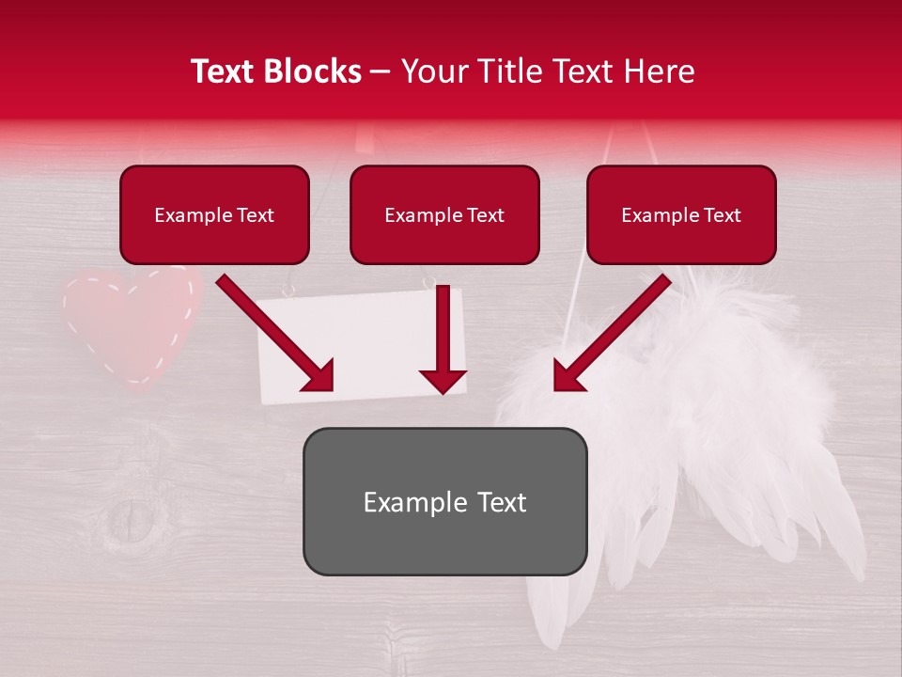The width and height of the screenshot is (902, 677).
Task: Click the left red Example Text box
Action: coord(214,215)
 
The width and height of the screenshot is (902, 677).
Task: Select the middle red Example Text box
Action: coord(444,215)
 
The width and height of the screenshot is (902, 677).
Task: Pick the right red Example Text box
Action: coord(681,215)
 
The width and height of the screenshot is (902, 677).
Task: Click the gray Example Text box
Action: coord(444,501)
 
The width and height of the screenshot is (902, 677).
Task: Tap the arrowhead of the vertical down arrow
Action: coord(443,381)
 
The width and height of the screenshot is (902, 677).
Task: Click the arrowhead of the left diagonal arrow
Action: coord(319,377)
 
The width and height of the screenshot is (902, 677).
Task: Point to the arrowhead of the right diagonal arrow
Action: coord(568,377)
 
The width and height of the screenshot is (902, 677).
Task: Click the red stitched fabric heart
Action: coord(132,324)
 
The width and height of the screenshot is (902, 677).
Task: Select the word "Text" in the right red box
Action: coord(722,215)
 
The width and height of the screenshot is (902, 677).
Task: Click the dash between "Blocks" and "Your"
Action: coord(381,72)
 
